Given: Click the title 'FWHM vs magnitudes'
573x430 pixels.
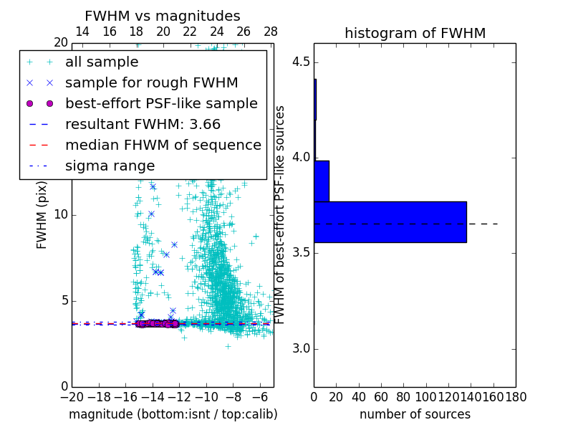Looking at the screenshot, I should coord(162,16).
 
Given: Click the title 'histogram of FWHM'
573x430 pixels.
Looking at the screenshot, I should coord(415,33).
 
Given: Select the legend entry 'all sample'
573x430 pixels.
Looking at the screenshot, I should coord(102,62).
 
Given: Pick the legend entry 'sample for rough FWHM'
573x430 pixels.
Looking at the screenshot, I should coord(151,82).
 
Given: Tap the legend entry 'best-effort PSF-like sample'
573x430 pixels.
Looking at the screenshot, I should coord(161,103).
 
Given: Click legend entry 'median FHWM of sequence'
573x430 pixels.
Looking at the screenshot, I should coord(163,145).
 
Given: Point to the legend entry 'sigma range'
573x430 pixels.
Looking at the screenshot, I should coord(110,166).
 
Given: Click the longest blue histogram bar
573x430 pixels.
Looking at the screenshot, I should coord(390,222).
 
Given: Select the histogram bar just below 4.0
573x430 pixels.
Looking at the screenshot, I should coord(322,181).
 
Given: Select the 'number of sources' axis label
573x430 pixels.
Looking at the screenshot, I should coord(415,414).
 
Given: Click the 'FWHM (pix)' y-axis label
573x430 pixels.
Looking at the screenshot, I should coord(42,215).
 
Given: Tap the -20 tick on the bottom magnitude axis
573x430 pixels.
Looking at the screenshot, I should coord(72,397).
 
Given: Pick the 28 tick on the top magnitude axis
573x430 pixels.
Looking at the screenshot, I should coord(271,32).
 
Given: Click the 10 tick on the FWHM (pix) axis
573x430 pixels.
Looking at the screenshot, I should coord(60,215).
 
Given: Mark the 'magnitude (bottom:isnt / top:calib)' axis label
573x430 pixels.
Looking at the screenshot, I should coord(173,414).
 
